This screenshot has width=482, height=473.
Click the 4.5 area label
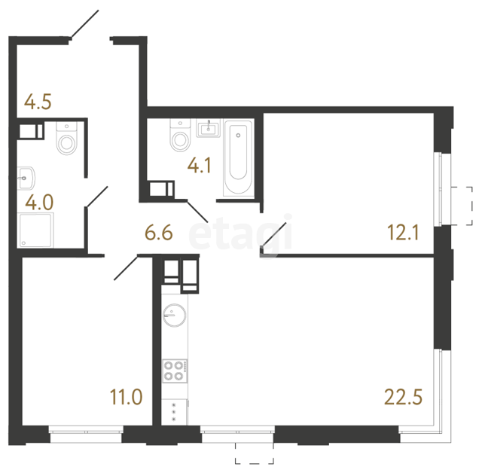coord(38,102)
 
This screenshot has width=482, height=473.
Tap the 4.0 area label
coord(39,203)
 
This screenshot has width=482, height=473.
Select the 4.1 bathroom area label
coord(199,166)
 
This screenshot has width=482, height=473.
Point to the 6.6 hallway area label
coord(159,233)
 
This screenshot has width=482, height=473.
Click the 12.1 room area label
coord(404,232)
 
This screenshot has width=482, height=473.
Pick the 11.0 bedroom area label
coord(127,397)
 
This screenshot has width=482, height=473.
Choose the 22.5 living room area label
coord(404,397)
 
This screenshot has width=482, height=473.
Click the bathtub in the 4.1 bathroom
coord(238,157)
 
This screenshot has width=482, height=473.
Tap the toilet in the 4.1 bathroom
coord(181,135)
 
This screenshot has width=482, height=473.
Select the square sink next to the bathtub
coord(209,128)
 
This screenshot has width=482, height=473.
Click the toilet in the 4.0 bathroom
coord(66,138)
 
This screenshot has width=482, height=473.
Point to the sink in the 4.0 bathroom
coord(26,179)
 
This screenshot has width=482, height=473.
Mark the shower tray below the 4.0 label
coord(35,230)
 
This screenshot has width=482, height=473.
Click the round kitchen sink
coord(174,315)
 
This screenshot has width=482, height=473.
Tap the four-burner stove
coord(175,371)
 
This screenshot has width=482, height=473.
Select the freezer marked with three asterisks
coord(175,412)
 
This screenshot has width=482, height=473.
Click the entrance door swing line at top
coord(84,24)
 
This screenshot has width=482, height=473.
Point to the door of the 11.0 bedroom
coord(126,267)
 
